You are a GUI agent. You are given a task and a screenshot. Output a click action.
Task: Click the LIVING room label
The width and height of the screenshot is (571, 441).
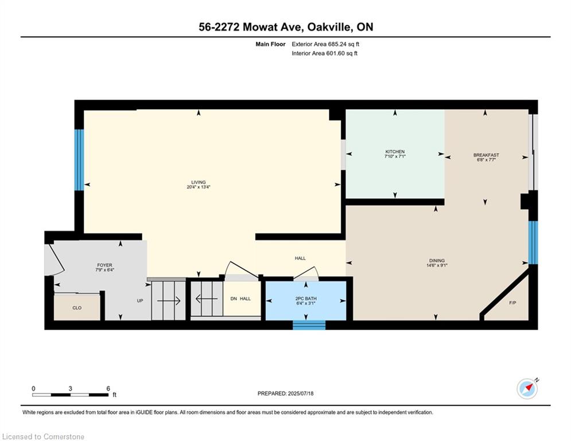click(199, 183)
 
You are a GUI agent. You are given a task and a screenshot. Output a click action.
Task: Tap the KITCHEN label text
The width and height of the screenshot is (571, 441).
click(395, 152)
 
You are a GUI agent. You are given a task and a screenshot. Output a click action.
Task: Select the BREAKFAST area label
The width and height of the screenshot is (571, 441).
click(485, 155)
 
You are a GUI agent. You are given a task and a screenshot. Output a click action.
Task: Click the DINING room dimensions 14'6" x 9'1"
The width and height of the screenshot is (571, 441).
click(436, 265)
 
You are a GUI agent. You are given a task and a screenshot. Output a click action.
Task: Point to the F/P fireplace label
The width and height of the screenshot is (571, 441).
click(512, 302)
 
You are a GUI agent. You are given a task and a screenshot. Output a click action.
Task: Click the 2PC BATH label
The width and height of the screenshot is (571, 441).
click(306, 299)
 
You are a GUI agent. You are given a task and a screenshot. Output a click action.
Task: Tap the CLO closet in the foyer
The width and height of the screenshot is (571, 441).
click(77, 308)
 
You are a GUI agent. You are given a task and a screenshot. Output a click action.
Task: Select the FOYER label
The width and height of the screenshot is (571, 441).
click(104, 265)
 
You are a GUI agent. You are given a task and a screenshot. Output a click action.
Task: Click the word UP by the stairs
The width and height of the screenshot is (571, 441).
click(139, 300)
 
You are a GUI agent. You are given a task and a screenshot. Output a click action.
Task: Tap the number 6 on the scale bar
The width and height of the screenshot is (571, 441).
click(108, 389)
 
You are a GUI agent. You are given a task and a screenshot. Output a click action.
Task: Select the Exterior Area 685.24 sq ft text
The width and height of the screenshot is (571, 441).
click(325, 44)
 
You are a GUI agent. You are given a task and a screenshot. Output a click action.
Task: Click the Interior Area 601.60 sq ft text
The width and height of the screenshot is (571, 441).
click(324, 53)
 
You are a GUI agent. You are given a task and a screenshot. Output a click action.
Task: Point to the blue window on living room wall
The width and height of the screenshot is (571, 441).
click(79, 160)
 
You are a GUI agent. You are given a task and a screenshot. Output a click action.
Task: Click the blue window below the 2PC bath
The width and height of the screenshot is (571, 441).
click(309, 325)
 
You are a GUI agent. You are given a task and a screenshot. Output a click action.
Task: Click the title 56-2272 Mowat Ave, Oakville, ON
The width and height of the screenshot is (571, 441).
click(285, 26)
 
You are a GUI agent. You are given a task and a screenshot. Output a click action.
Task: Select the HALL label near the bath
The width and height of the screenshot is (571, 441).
click(300, 258)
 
